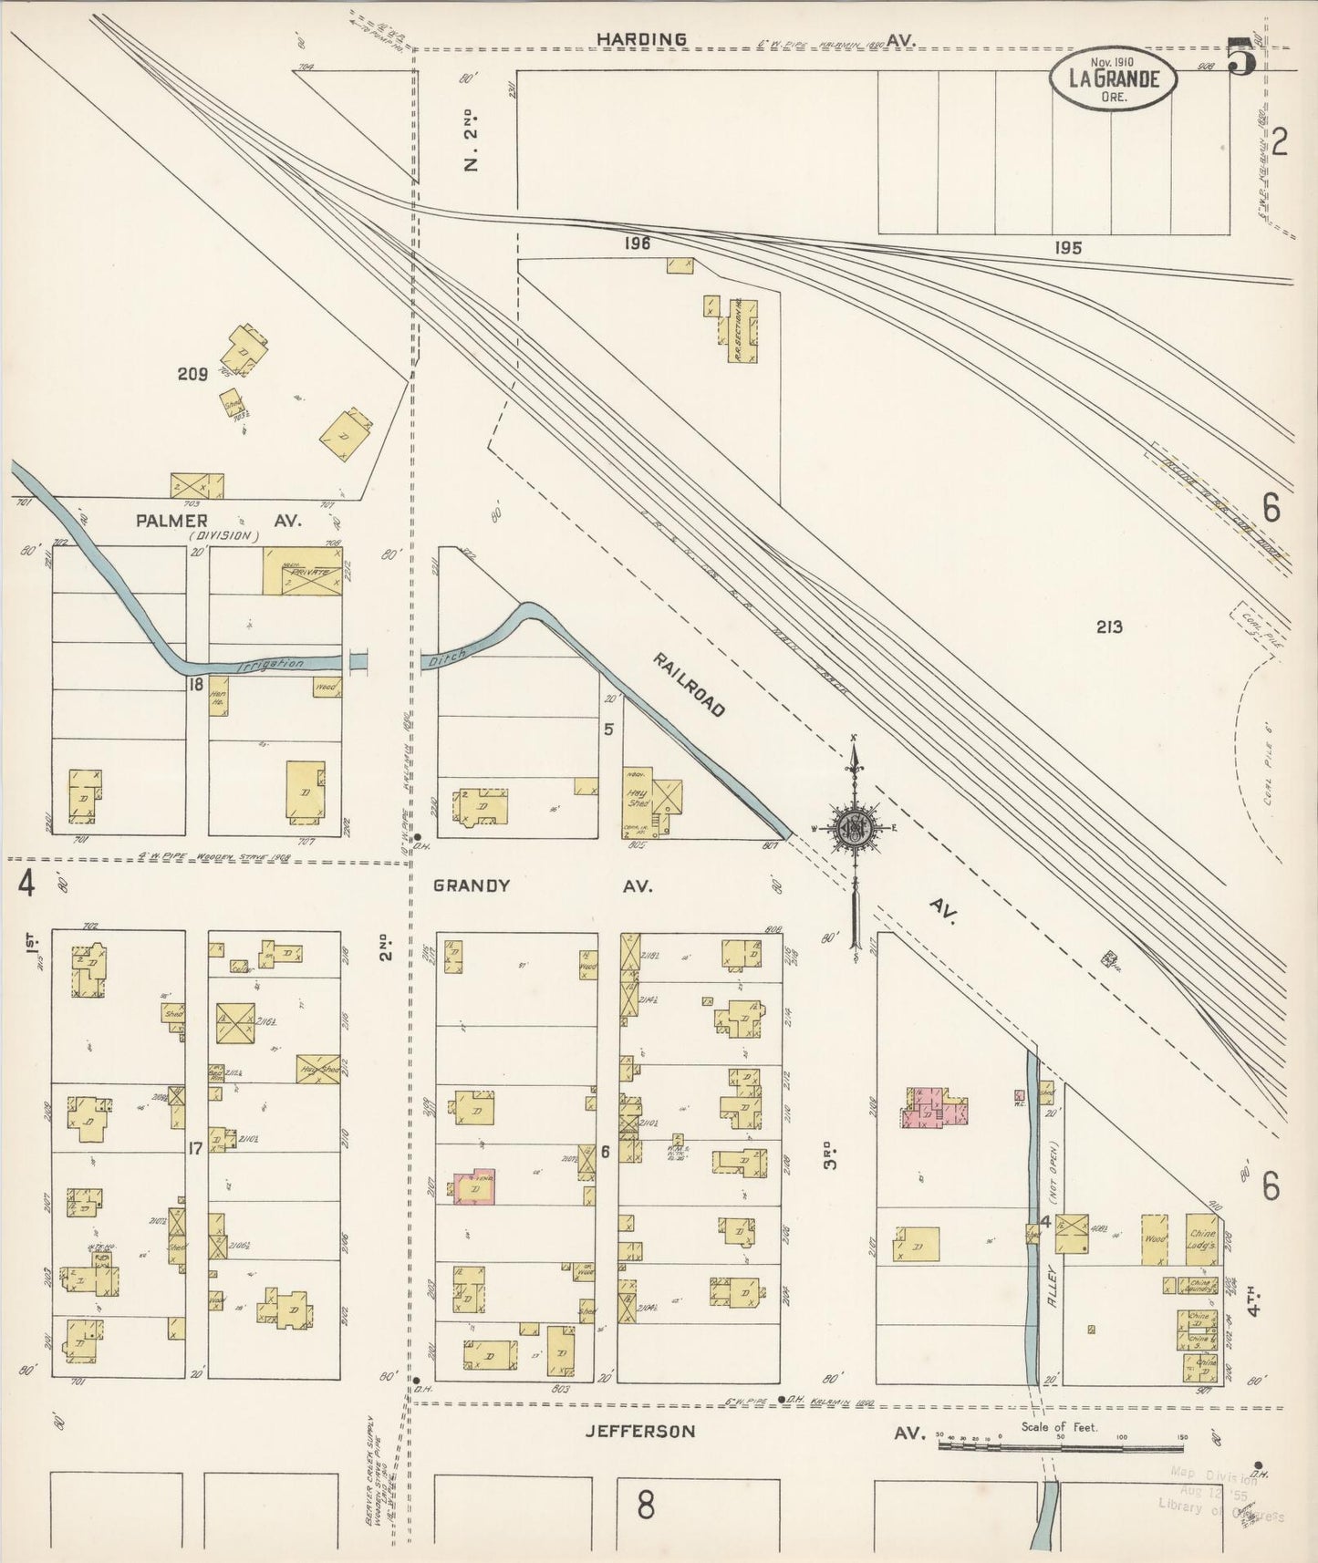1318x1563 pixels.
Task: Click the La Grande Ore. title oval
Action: click(1112, 79)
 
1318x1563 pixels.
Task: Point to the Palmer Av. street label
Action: click(218, 521)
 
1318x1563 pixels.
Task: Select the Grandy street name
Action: click(472, 885)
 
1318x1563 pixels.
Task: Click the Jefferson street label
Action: click(640, 1431)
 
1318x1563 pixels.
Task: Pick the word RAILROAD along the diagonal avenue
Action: click(690, 684)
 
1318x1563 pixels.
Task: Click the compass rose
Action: click(855, 829)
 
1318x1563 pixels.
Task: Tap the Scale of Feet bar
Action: click(1061, 1445)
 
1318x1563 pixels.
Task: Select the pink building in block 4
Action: click(934, 1107)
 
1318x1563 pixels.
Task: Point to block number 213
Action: click(1109, 626)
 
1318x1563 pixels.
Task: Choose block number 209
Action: click(192, 373)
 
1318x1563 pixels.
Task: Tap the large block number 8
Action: click(646, 1505)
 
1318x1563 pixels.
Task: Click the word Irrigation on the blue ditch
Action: click(270, 664)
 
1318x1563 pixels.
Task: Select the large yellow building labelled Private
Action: click(302, 572)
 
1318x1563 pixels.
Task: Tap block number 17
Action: click(194, 1149)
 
